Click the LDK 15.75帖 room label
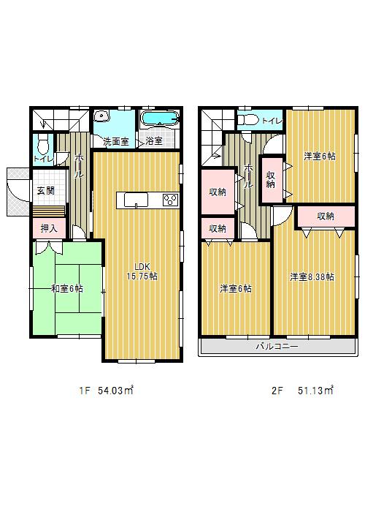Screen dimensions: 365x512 point(142,271)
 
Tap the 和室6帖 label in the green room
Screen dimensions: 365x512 point(67,289)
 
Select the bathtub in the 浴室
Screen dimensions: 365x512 point(160,118)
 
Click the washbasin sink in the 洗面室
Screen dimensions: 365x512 point(102,116)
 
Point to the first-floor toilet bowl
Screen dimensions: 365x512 point(42,146)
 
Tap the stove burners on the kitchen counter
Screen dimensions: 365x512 point(170,199)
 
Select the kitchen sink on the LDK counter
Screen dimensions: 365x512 point(136,200)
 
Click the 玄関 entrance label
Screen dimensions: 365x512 point(46,190)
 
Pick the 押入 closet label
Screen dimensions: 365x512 point(49,228)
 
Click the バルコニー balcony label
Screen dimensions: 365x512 point(277,346)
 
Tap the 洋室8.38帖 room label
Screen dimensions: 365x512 point(312,277)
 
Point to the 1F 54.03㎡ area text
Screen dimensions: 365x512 point(107,391)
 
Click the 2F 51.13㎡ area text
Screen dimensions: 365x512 point(302,391)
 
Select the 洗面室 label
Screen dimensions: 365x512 point(116,141)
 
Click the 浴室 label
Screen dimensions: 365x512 point(154,141)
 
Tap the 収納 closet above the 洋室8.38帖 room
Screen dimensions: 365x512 point(326,217)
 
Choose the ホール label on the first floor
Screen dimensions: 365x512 point(79,166)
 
